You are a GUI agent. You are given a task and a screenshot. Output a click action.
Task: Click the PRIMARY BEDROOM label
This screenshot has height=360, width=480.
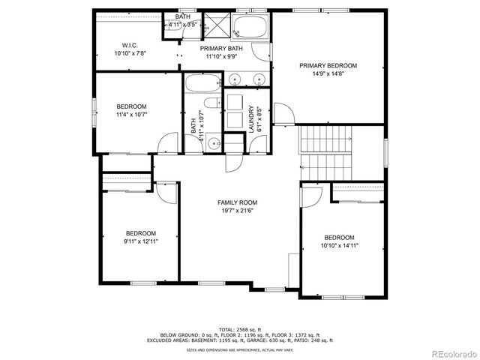point(328,66)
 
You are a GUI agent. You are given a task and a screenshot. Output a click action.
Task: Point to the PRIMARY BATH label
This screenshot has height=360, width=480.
point(219,48)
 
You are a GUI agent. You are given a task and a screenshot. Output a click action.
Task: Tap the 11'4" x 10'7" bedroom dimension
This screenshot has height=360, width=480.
point(131,115)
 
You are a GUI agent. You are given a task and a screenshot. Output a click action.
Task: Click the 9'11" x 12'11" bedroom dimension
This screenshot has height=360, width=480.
point(140,241)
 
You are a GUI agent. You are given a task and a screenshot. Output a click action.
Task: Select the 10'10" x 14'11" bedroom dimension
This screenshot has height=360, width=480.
point(339,245)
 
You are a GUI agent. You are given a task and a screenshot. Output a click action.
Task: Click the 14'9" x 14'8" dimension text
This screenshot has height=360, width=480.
point(328,74)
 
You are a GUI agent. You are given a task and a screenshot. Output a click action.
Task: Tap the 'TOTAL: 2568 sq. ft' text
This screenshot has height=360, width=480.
point(239,329)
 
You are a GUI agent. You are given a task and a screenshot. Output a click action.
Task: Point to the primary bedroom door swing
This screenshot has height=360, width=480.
point(283,115)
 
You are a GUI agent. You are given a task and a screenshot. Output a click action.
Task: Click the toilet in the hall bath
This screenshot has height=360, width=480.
point(215,143)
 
